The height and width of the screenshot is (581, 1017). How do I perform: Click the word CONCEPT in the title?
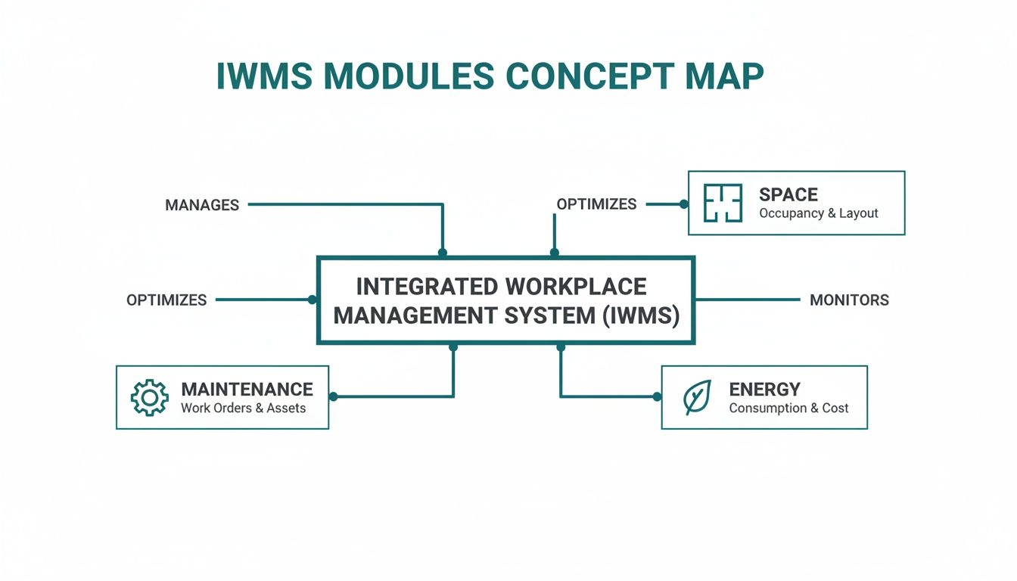[x=584, y=76]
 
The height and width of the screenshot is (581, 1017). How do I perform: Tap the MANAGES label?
[x=202, y=205]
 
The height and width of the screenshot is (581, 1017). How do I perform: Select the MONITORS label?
[x=849, y=300]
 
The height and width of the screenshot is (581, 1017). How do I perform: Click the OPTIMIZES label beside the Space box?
[x=596, y=204]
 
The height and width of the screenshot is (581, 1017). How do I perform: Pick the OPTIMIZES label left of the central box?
[x=166, y=300]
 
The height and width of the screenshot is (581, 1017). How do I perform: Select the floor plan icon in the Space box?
[x=723, y=204]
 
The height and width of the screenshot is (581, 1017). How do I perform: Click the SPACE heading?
[x=788, y=194]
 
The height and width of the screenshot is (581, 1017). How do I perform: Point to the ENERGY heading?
[x=764, y=390]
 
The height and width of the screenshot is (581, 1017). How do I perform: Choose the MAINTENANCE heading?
[x=247, y=390]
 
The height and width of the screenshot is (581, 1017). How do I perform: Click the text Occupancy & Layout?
[x=818, y=213]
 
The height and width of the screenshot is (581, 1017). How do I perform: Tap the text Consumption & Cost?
[x=788, y=409]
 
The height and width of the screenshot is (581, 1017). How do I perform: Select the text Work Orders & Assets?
[x=243, y=409]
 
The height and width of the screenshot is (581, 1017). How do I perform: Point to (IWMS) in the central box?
[x=641, y=315]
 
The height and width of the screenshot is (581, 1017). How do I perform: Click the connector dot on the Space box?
[x=684, y=204]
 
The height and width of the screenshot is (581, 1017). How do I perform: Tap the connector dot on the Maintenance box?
[x=333, y=396]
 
